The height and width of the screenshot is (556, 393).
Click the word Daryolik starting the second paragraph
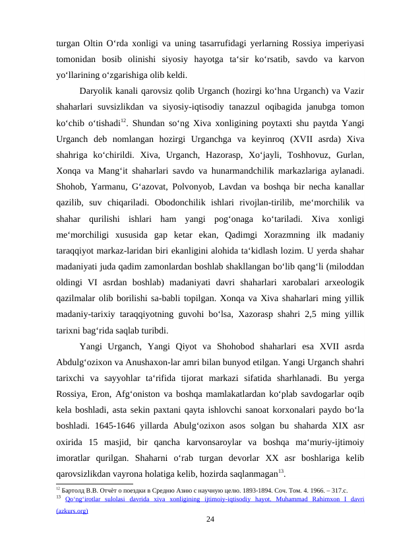click(96, 90)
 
